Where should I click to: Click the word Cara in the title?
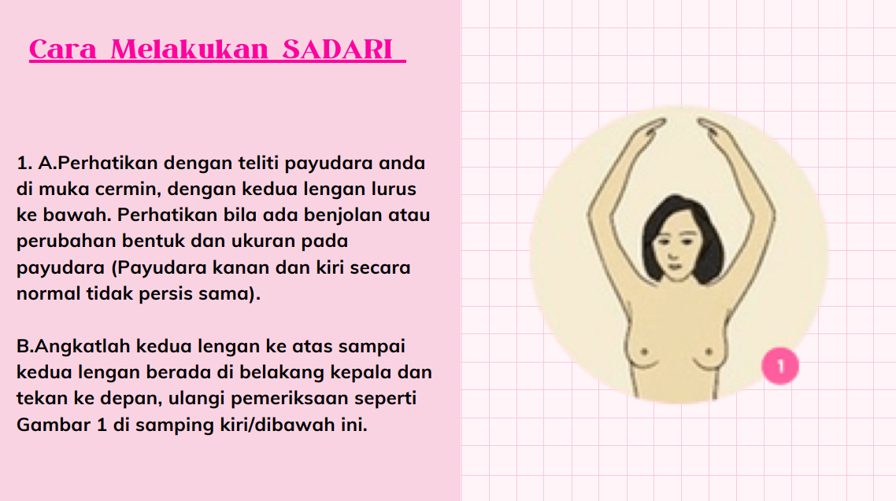63,49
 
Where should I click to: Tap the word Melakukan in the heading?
189,49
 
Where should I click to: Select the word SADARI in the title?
338,49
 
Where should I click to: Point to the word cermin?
126,189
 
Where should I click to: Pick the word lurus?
394,189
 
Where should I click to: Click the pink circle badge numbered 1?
780,367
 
